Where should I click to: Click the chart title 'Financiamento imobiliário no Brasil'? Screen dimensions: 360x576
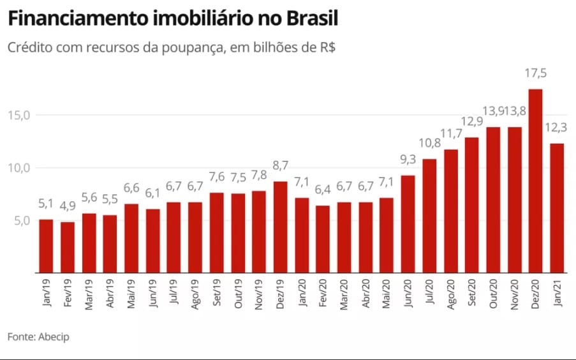(x=172, y=19)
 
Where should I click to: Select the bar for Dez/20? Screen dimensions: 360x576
(x=536, y=181)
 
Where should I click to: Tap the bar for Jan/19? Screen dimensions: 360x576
(x=46, y=246)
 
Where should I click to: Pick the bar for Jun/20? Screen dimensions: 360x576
(x=408, y=223)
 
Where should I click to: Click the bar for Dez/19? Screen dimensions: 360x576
(x=280, y=227)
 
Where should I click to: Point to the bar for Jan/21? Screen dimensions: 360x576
(x=557, y=208)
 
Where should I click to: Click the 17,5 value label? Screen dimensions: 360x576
(x=536, y=75)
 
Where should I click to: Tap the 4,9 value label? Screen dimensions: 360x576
(x=68, y=208)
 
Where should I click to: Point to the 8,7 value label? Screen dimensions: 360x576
(x=280, y=167)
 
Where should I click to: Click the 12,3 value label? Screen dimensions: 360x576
(x=557, y=129)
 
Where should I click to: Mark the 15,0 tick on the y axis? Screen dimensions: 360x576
(x=19, y=115)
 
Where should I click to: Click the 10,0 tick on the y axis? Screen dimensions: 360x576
(x=19, y=168)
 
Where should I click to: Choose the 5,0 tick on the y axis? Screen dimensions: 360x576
(x=19, y=221)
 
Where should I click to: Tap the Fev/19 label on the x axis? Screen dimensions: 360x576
(x=68, y=294)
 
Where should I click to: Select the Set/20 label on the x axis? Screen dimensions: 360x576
(x=472, y=294)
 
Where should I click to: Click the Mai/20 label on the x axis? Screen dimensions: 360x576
(x=387, y=294)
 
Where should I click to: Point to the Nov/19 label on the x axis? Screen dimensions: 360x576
(x=259, y=294)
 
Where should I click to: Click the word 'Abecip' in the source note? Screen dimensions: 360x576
(x=54, y=337)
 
